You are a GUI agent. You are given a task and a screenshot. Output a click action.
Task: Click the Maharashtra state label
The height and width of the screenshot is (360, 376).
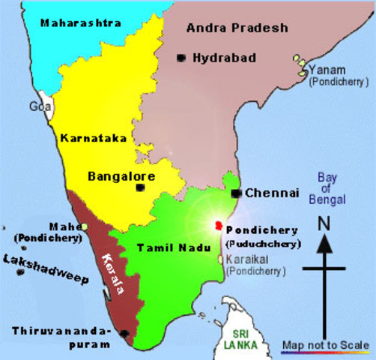(82, 23)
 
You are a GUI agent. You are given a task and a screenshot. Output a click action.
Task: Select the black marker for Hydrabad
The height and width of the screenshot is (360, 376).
(181, 58)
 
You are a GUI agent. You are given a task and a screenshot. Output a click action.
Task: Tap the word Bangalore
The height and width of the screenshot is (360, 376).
(121, 177)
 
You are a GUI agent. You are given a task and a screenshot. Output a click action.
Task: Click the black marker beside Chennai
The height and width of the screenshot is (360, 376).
(235, 193)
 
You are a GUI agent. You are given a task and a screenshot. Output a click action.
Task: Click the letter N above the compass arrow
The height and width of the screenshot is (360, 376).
(324, 223)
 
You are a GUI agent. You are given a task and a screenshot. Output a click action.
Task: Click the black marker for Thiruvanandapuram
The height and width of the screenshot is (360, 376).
(124, 333)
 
